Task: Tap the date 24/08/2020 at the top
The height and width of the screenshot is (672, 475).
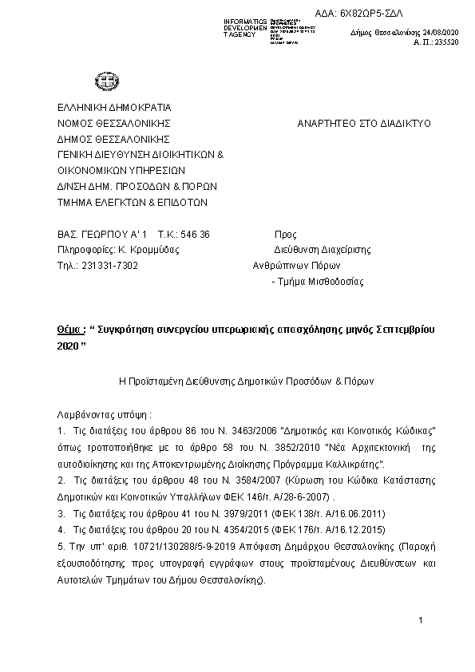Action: (439, 32)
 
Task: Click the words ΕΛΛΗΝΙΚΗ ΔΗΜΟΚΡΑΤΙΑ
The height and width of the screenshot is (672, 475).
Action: (114, 108)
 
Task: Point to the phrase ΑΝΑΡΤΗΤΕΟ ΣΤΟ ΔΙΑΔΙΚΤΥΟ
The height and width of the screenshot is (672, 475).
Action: (363, 124)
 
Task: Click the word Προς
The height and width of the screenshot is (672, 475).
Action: (285, 235)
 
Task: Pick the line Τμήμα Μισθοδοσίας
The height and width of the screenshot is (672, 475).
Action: (320, 282)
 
